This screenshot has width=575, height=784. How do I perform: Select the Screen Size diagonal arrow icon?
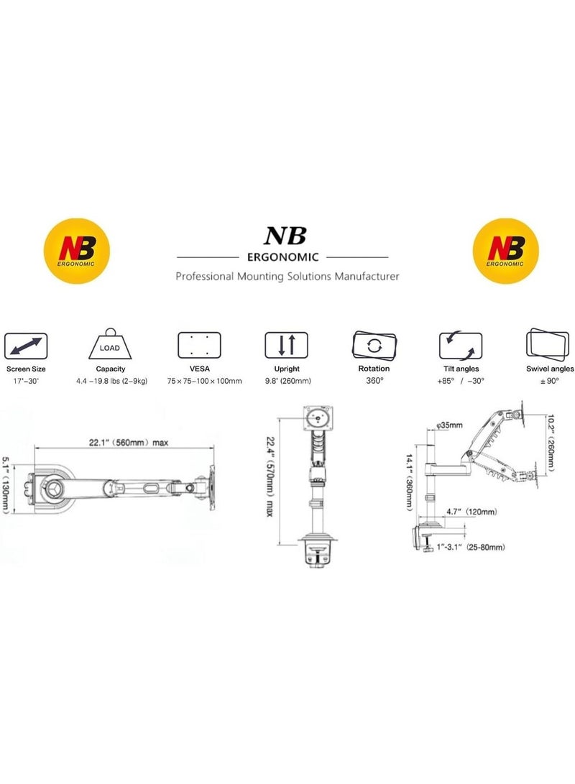26,346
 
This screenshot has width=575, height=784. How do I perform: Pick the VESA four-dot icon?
198,346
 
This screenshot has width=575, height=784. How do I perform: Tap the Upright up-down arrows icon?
286,346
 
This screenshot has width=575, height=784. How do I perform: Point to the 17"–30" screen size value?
25,380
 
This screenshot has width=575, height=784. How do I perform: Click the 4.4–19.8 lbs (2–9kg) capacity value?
111,380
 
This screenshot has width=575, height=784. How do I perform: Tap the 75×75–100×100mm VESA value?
198,380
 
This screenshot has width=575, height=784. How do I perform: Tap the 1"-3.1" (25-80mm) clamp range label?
471,547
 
